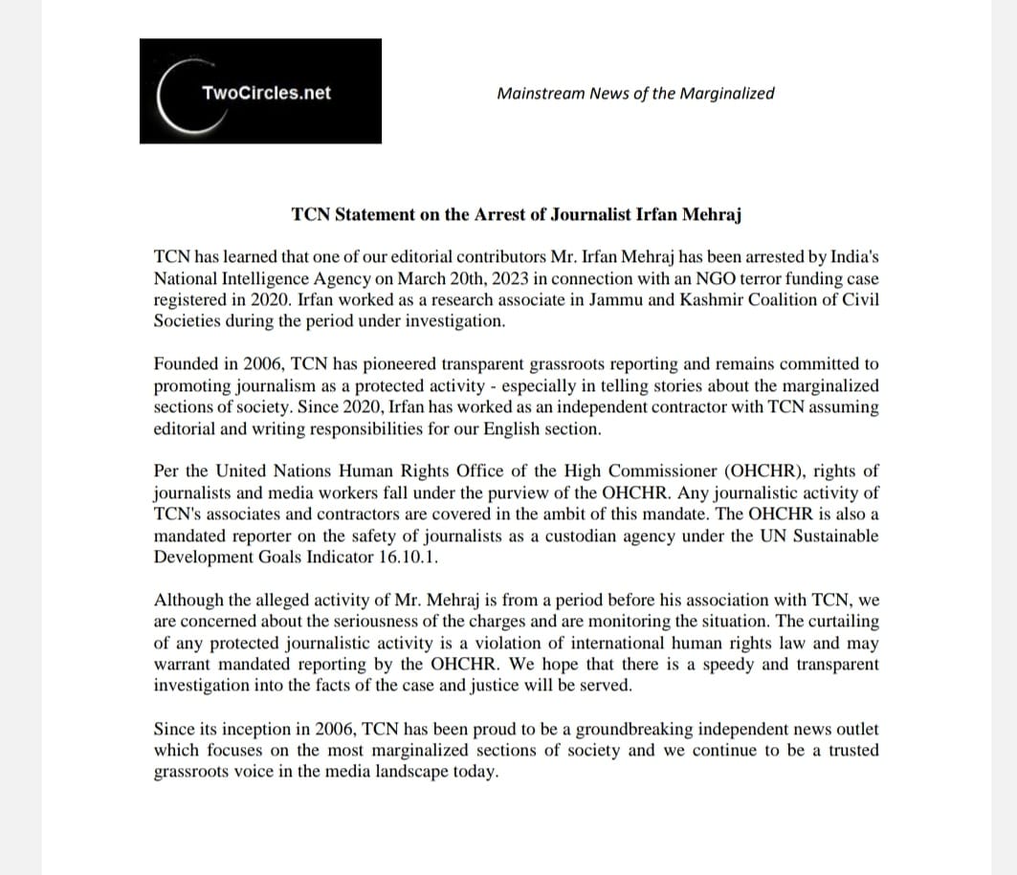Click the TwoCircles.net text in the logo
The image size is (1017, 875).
[x=266, y=93]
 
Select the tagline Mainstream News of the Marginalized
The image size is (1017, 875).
[x=635, y=93]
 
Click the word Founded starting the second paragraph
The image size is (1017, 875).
[x=187, y=364]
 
